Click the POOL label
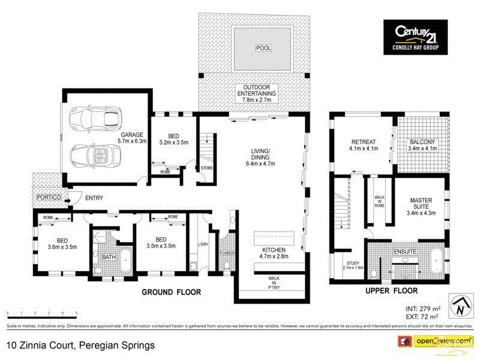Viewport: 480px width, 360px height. coord(263,47)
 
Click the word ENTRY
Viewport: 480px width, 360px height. coord(94,197)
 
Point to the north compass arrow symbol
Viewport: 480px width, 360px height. coord(459,306)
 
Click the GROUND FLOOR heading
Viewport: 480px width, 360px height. coord(171,292)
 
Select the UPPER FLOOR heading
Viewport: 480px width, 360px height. coord(391,291)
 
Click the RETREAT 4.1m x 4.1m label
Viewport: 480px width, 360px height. coord(364,146)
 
